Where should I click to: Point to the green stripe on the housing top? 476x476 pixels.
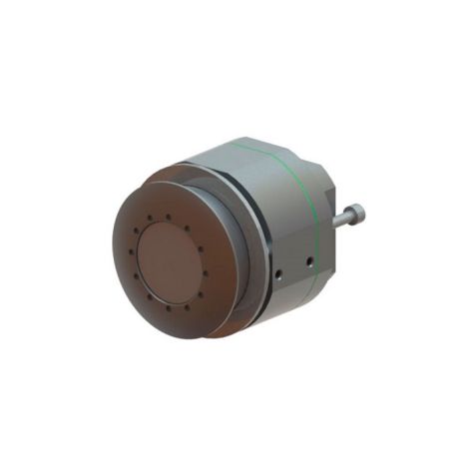point(269,159)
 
